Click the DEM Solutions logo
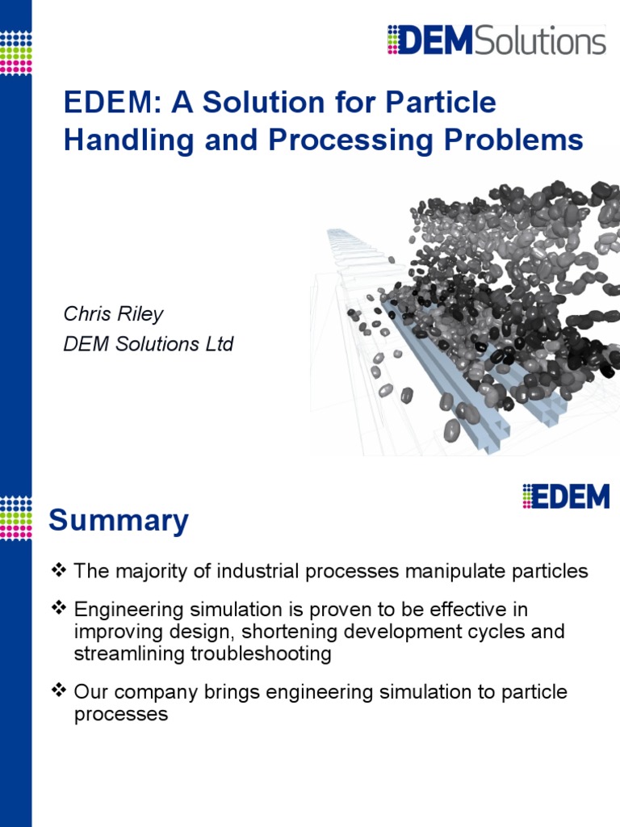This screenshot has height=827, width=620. (496, 40)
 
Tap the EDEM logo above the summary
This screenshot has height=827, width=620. (565, 496)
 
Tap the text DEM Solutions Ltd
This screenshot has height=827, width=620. (149, 343)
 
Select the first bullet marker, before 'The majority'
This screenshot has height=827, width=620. (58, 571)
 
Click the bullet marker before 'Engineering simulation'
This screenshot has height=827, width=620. (58, 609)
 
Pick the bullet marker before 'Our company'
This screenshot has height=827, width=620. (58, 692)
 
